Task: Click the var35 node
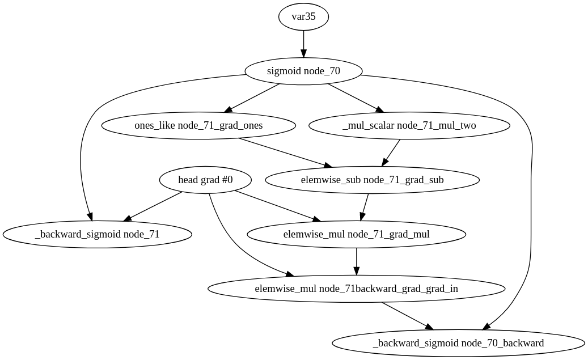303,16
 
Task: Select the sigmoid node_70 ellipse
303,71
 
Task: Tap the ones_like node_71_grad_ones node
198,125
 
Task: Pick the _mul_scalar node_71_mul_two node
409,125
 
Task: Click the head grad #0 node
205,180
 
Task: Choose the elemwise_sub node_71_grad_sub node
372,180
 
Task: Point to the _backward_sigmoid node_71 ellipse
97,234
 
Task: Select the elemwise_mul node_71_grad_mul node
356,234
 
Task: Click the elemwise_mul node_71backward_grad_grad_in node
356,289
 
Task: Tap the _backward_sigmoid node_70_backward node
458,343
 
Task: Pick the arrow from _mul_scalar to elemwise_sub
391,152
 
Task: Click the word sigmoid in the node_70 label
282,71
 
